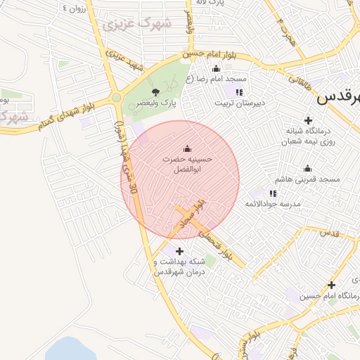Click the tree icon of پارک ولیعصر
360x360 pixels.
click(156, 91)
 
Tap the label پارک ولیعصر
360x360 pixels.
click(160, 103)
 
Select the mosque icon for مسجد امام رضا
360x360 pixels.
click(216, 69)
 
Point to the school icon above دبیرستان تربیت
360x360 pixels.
click(239, 91)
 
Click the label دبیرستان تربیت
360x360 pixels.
click(240, 103)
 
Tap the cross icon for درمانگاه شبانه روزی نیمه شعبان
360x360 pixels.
click(307, 120)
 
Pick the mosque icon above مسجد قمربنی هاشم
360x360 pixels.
click(307, 169)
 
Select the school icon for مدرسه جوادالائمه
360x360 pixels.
click(272, 193)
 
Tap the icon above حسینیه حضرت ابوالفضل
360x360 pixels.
click(187, 148)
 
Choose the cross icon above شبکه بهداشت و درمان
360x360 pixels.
click(179, 251)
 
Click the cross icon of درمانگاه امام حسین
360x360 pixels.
click(331, 285)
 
